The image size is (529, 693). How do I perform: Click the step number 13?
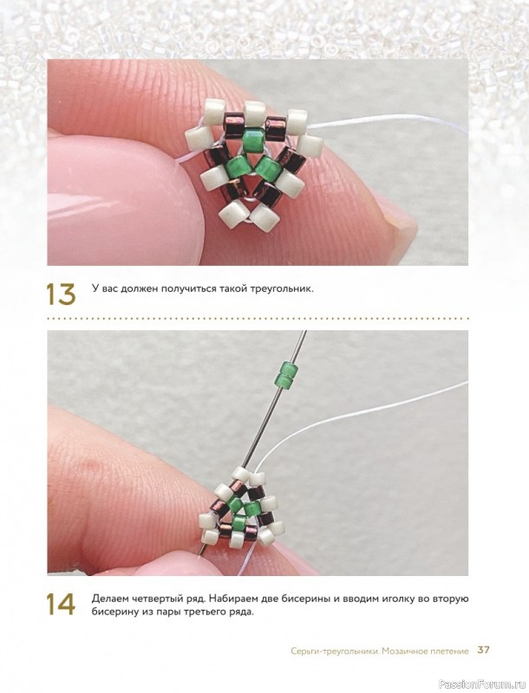[x=61, y=294]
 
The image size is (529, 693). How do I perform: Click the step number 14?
[x=61, y=604]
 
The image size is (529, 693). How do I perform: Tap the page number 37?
[x=483, y=651]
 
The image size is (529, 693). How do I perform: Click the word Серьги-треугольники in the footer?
[x=335, y=651]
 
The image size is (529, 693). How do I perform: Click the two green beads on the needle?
[x=285, y=374]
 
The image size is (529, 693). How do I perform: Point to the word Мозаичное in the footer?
[x=404, y=651]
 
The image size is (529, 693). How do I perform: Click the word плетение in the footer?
[x=448, y=651]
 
